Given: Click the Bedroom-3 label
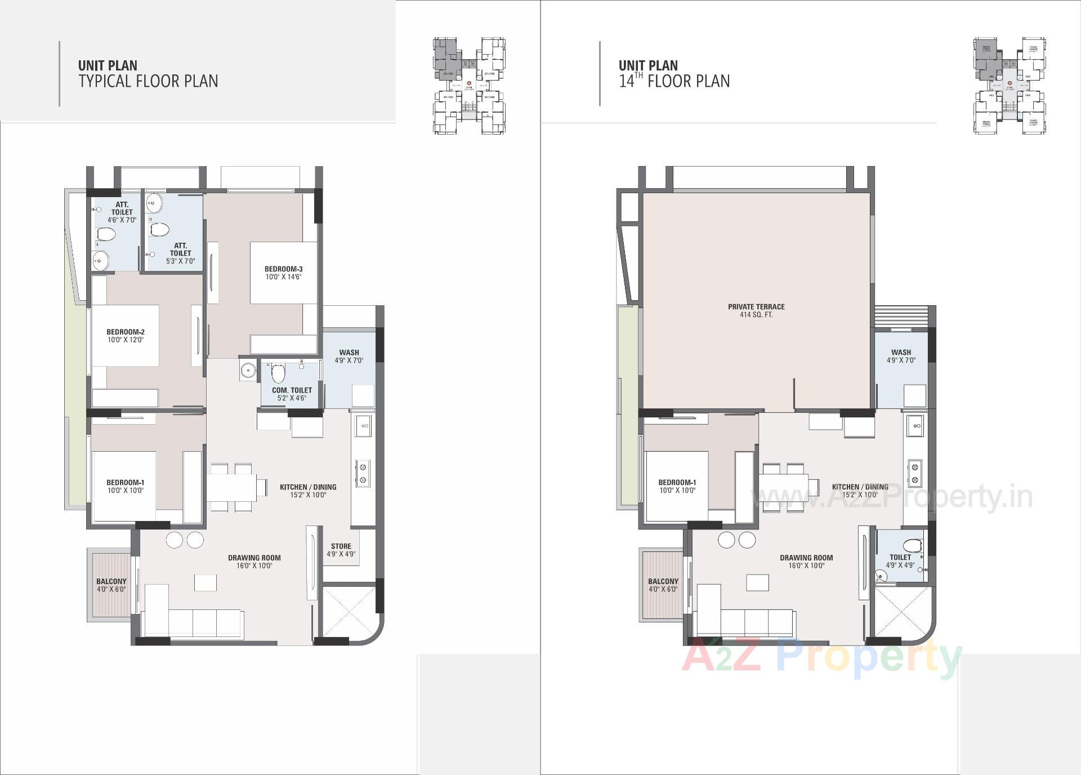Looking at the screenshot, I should tap(284, 269).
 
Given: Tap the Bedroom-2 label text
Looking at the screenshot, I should tap(126, 332).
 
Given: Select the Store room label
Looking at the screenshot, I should tap(341, 546).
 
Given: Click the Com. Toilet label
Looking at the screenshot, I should tap(292, 390).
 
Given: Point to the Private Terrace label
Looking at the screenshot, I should tap(756, 307).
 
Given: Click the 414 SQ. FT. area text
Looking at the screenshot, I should tap(756, 315).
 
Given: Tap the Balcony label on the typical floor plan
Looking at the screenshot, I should tap(111, 581).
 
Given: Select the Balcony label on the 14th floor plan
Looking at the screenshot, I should tap(663, 581).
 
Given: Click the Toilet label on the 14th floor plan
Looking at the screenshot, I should tap(900, 557).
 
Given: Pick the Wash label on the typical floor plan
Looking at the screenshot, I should tap(349, 353).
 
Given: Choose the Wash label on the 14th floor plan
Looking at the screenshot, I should tap(901, 353).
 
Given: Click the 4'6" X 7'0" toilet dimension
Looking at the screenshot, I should tap(122, 220).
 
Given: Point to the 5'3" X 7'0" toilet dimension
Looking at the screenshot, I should tap(181, 261).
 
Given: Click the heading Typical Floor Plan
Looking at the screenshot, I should tap(148, 81).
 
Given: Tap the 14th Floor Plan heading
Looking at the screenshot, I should tap(674, 81).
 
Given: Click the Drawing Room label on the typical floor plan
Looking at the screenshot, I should tap(254, 558).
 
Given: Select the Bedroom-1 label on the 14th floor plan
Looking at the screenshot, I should tap(677, 483).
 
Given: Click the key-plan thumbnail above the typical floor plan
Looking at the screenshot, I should tap(469, 86).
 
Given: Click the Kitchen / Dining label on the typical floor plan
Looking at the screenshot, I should tap(308, 487).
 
